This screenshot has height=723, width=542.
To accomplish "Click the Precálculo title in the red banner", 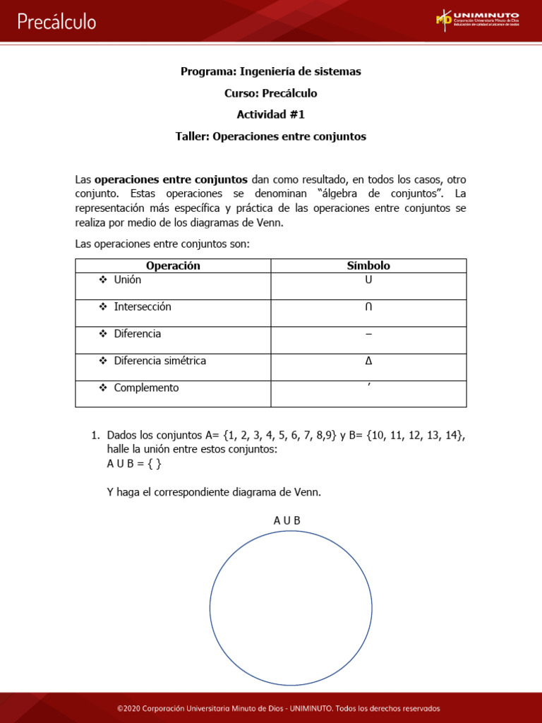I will tap(56, 22).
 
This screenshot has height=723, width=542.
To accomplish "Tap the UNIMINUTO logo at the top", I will tap(478, 19).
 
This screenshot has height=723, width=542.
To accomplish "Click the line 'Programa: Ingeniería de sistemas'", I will tap(271, 71).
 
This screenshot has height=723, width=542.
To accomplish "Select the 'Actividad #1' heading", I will tap(271, 114).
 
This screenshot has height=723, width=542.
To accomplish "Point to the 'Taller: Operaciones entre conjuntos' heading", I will tap(271, 136).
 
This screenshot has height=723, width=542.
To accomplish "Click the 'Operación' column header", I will tap(173, 265).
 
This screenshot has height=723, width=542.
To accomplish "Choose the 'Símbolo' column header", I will tap(368, 265).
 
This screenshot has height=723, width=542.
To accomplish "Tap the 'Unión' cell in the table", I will tap(128, 280).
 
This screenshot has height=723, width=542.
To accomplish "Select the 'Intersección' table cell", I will tap(143, 306).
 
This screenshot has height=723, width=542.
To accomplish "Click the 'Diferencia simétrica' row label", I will tap(160, 361).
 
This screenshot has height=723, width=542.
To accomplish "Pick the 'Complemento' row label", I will tap(146, 388).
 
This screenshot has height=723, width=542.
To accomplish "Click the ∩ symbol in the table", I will tap(368, 307).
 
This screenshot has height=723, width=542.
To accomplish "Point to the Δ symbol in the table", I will tap(368, 361).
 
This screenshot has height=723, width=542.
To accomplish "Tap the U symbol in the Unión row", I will tap(368, 280).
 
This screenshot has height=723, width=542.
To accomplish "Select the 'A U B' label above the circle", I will tap(287, 520).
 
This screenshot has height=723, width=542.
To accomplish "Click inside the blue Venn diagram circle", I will tap(291, 607).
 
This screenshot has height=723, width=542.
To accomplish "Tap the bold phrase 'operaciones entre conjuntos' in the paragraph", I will tap(171, 180).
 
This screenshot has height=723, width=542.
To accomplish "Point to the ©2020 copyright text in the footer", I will tap(278, 708).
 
